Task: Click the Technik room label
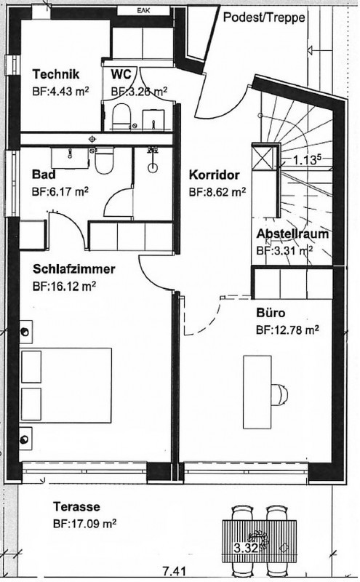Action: (56, 74)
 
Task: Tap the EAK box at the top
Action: (143, 10)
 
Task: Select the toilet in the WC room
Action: (121, 115)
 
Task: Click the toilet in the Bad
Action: (104, 162)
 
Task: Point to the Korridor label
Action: (215, 175)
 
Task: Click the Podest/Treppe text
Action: (264, 17)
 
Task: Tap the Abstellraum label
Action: (292, 234)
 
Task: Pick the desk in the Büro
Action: (257, 392)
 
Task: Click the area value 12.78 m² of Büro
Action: (287, 330)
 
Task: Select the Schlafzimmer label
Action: (74, 269)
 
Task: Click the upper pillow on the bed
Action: (31, 367)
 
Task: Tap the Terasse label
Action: (76, 506)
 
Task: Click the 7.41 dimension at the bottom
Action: (174, 572)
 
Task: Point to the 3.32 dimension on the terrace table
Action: (246, 548)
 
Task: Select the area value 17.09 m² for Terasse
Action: (84, 524)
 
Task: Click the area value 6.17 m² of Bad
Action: (60, 192)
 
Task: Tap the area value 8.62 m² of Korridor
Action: (217, 192)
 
